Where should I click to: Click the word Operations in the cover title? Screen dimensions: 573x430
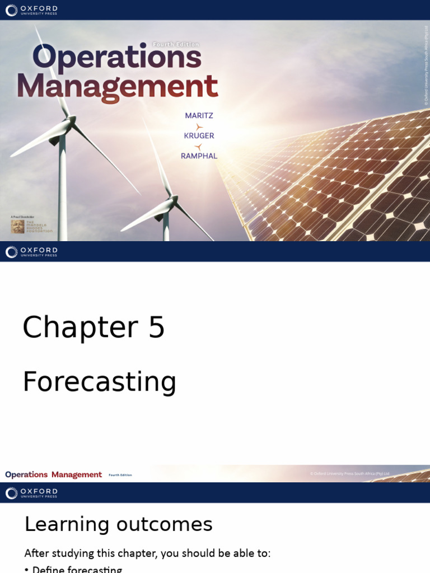pos(116,58)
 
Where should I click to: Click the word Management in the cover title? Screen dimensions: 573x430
pos(117,87)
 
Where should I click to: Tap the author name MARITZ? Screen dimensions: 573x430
pos(199,116)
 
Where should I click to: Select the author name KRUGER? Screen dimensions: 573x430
pos(199,136)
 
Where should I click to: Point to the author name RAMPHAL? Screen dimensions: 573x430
pos(199,156)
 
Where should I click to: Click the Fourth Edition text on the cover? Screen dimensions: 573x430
pos(176,44)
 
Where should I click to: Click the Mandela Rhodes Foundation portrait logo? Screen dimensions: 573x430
pos(17,226)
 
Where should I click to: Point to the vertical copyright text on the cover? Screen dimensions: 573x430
pos(426,66)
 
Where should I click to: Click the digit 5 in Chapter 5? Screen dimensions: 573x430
pos(156,328)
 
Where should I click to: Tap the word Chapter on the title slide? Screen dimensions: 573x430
pos(80,328)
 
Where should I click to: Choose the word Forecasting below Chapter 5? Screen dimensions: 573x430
pos(99,382)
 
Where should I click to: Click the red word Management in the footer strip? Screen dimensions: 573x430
pos(77,475)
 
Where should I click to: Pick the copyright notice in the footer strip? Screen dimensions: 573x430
pos(349,474)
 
